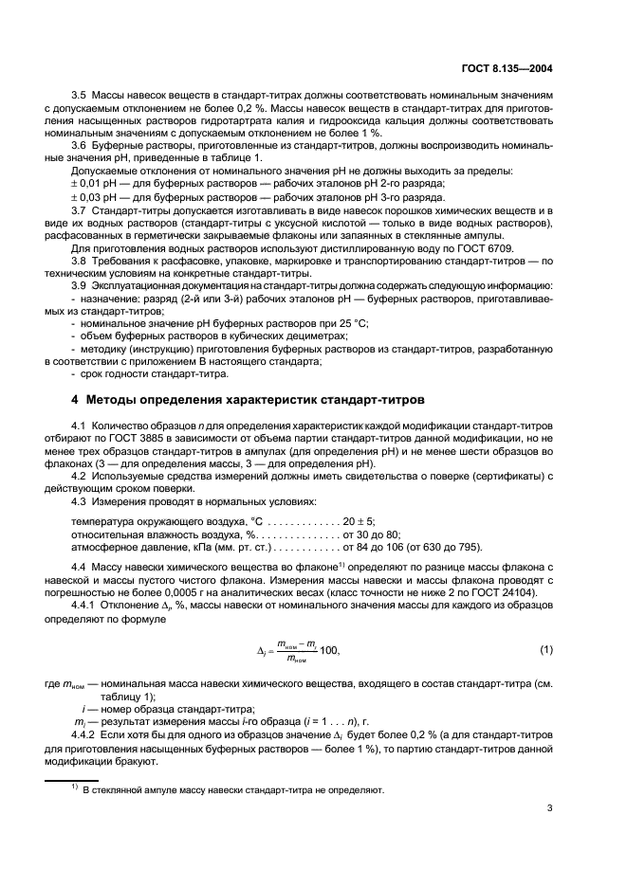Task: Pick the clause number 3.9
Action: pyautogui.click(x=80, y=284)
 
